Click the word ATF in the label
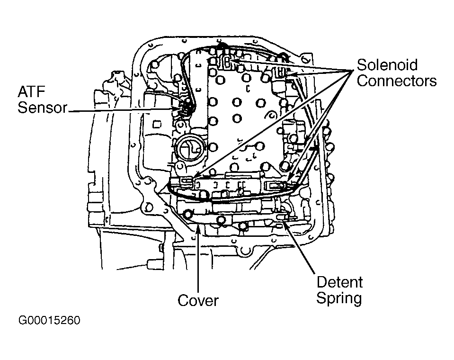pyautogui.click(x=32, y=92)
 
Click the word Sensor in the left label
pyautogui.click(x=42, y=108)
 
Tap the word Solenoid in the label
pyautogui.click(x=387, y=65)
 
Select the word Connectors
pyautogui.click(x=397, y=81)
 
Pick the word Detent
pyautogui.click(x=339, y=282)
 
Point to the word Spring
pyautogui.click(x=339, y=298)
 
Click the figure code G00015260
pyautogui.click(x=49, y=321)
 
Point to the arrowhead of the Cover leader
pyautogui.click(x=198, y=226)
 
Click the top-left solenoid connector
pyautogui.click(x=227, y=62)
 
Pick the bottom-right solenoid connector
pyautogui.click(x=276, y=185)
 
